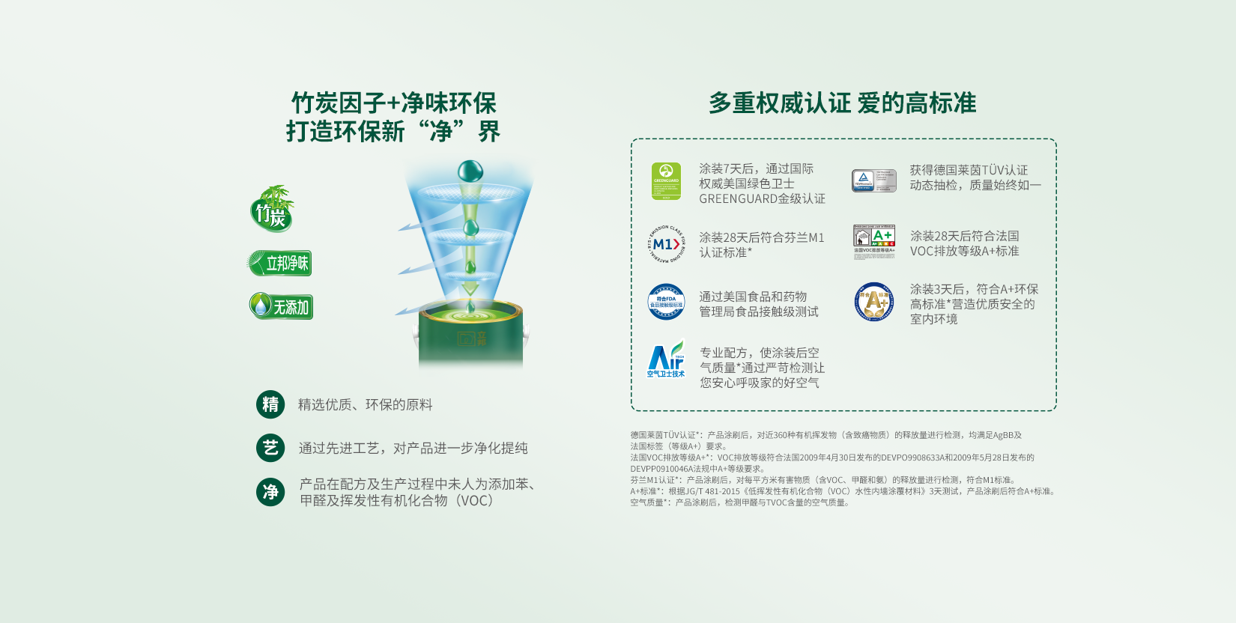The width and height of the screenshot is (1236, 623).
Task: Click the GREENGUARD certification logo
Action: pyautogui.click(x=666, y=181)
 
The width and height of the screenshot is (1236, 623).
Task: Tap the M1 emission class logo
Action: pyautogui.click(x=666, y=244)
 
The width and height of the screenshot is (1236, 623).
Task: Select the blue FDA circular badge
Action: pyautogui.click(x=666, y=302)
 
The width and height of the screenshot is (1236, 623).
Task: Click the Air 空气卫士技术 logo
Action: pyautogui.click(x=666, y=359)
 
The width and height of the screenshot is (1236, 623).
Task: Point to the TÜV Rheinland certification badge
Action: pyautogui.click(x=873, y=180)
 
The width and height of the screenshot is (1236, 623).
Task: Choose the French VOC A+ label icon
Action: pyautogui.click(x=874, y=241)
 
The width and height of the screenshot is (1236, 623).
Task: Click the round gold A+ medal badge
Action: pyautogui.click(x=874, y=302)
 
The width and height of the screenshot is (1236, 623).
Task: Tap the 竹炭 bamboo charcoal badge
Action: pyautogui.click(x=272, y=209)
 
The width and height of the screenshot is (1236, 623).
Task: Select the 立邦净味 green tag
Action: pyautogui.click(x=280, y=263)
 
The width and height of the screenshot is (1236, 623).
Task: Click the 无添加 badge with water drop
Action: pyautogui.click(x=281, y=306)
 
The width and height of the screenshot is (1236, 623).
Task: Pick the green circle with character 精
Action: pyautogui.click(x=270, y=404)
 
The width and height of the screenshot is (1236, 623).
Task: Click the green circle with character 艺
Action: pyautogui.click(x=270, y=448)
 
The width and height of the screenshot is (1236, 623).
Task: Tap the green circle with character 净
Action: pyautogui.click(x=270, y=492)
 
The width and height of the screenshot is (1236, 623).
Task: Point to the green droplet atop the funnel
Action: pyautogui.click(x=470, y=171)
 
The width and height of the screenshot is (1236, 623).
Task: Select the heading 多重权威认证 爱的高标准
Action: pyautogui.click(x=842, y=103)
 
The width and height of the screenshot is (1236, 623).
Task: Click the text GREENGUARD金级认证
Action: pyautogui.click(x=762, y=198)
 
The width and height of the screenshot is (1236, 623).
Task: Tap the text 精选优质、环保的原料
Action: pyautogui.click(x=365, y=404)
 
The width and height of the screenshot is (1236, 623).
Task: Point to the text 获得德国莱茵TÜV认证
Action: pyautogui.click(x=969, y=170)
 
